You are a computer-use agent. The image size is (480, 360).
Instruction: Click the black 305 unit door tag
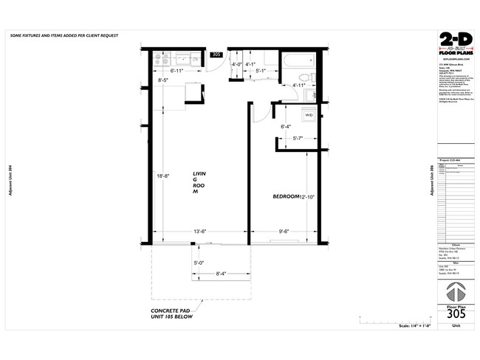point(216,55)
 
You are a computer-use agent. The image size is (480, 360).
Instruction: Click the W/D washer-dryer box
point(309,115)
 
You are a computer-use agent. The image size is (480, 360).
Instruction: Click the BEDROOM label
point(285,196)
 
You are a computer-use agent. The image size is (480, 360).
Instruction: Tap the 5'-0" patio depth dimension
point(199,263)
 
